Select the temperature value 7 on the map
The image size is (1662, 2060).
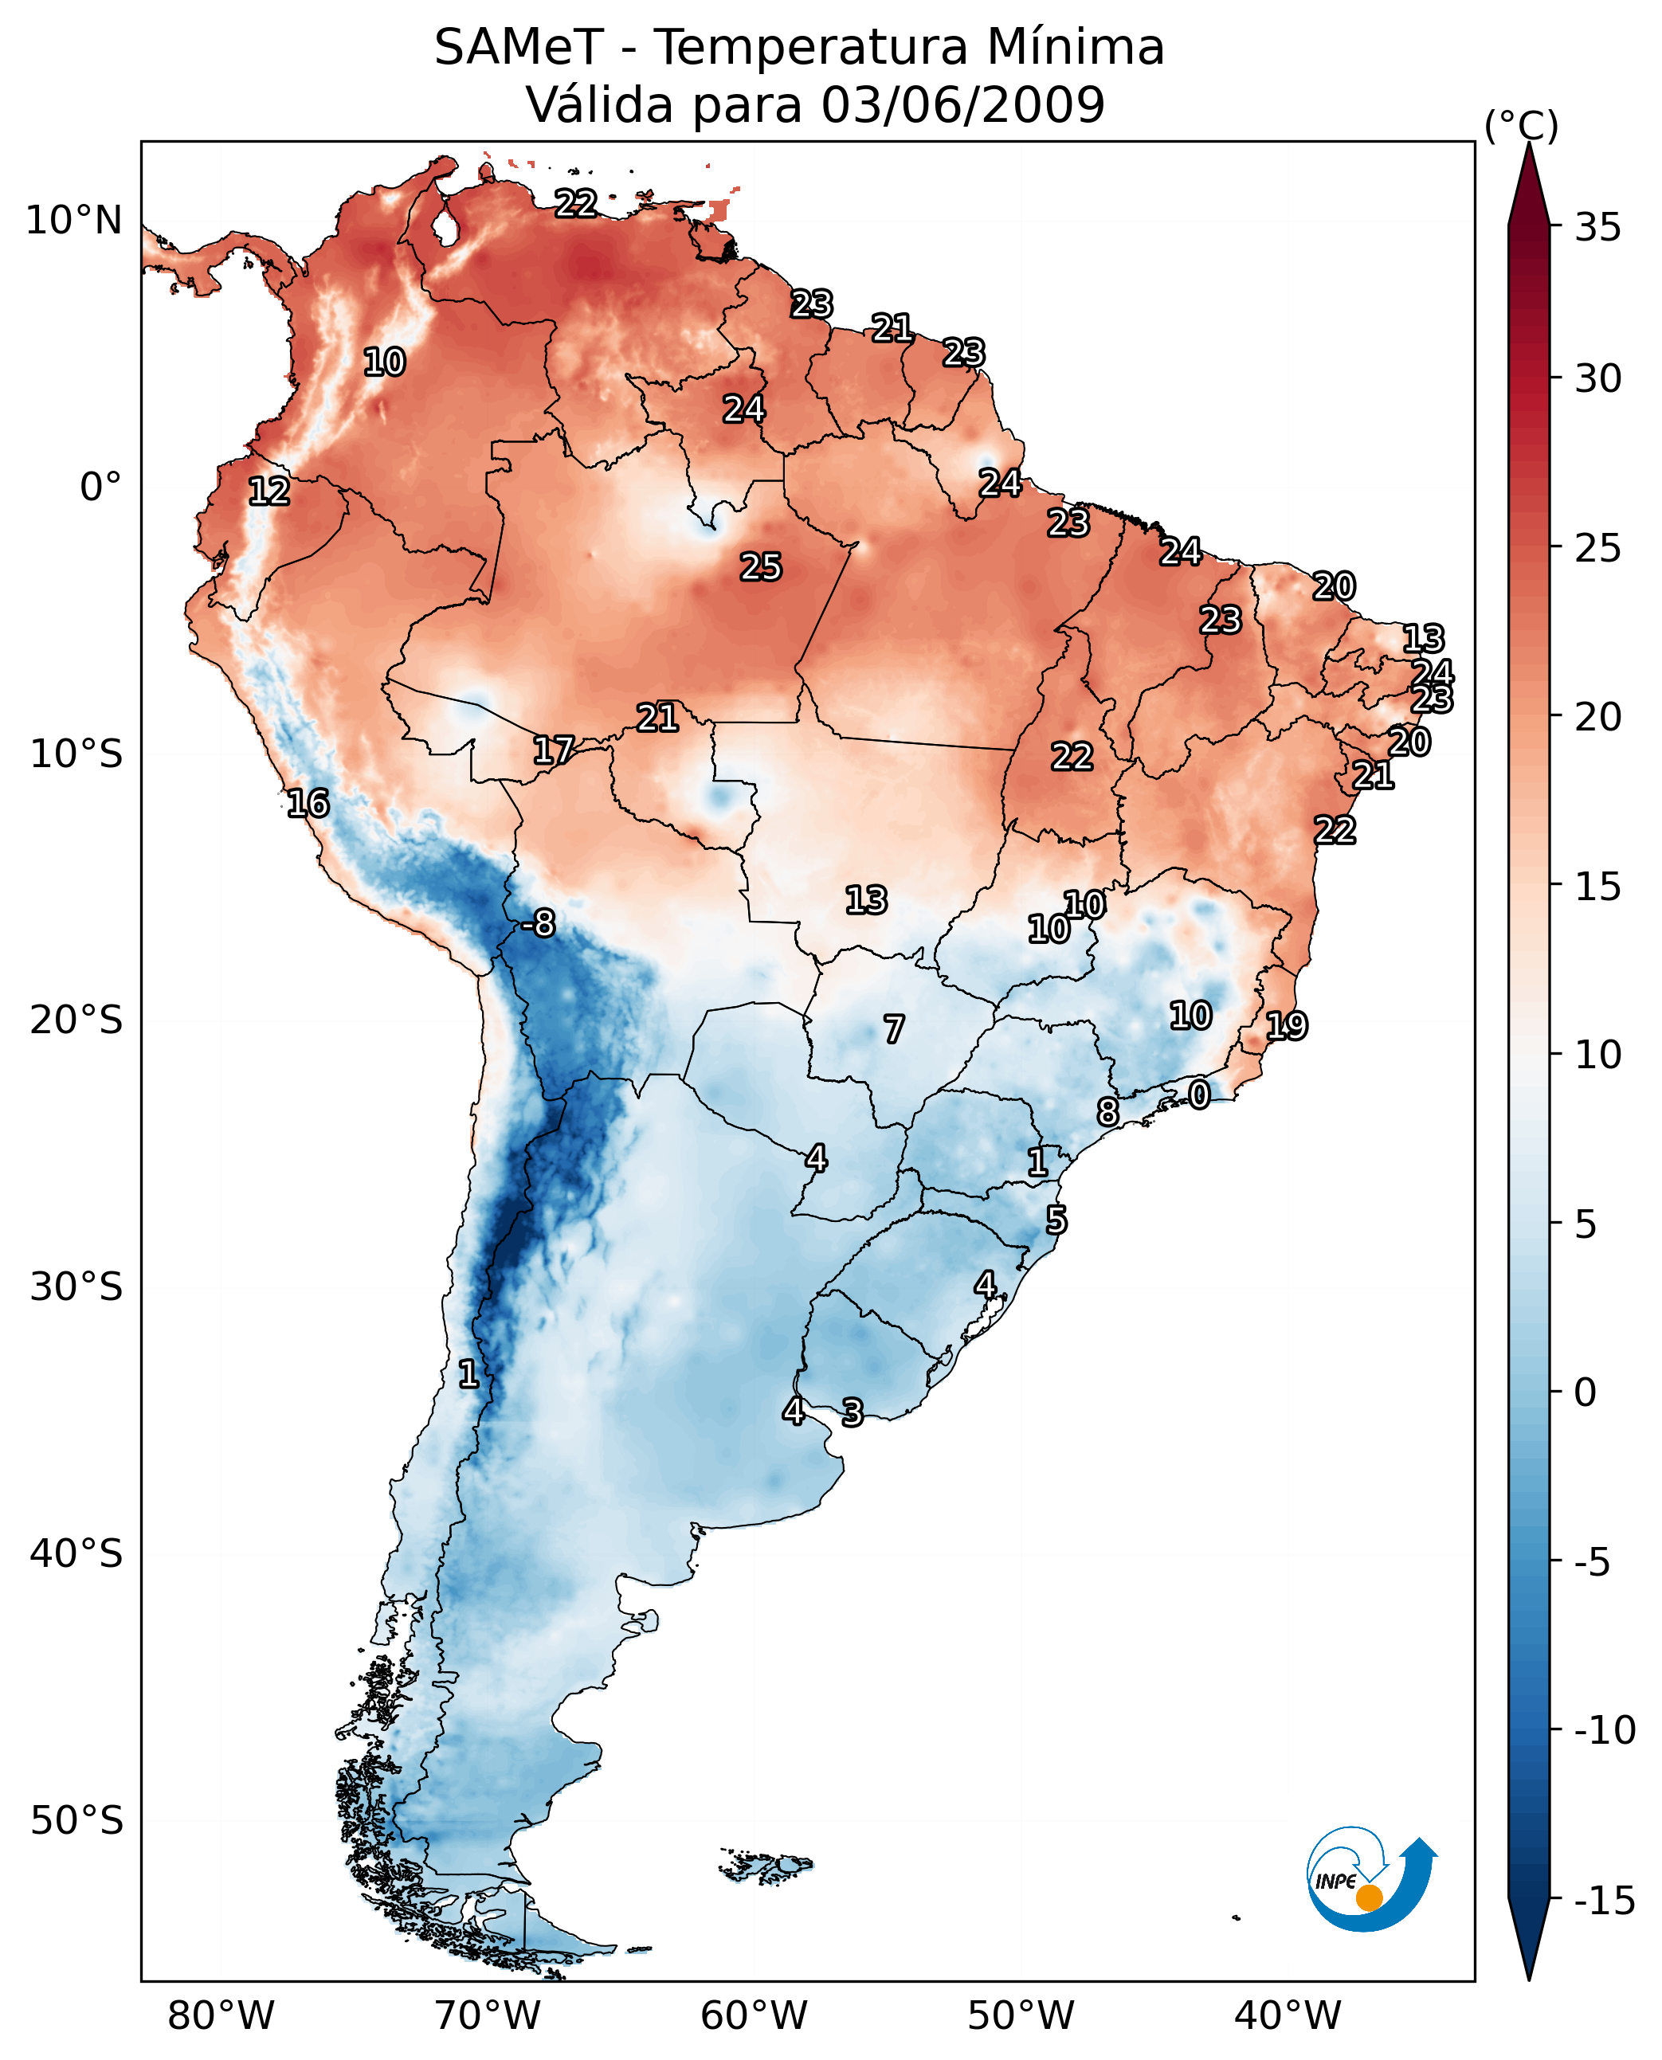click(893, 1029)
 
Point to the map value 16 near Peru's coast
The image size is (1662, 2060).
click(308, 803)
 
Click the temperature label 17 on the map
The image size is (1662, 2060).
click(554, 750)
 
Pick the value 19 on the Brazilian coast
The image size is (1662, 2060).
click(1286, 1026)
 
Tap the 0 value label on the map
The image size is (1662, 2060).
click(1198, 1095)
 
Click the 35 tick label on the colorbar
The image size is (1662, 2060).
click(1597, 228)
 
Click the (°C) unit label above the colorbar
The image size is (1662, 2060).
click(1521, 125)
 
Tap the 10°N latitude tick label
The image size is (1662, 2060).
click(74, 221)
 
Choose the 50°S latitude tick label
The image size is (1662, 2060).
click(76, 1819)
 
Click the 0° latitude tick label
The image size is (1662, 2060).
click(100, 488)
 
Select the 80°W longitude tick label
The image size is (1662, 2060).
click(221, 2015)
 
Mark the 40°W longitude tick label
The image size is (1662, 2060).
click(1287, 2015)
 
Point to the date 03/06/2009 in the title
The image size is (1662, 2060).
click(962, 104)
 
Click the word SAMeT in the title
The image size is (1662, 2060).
click(519, 47)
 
